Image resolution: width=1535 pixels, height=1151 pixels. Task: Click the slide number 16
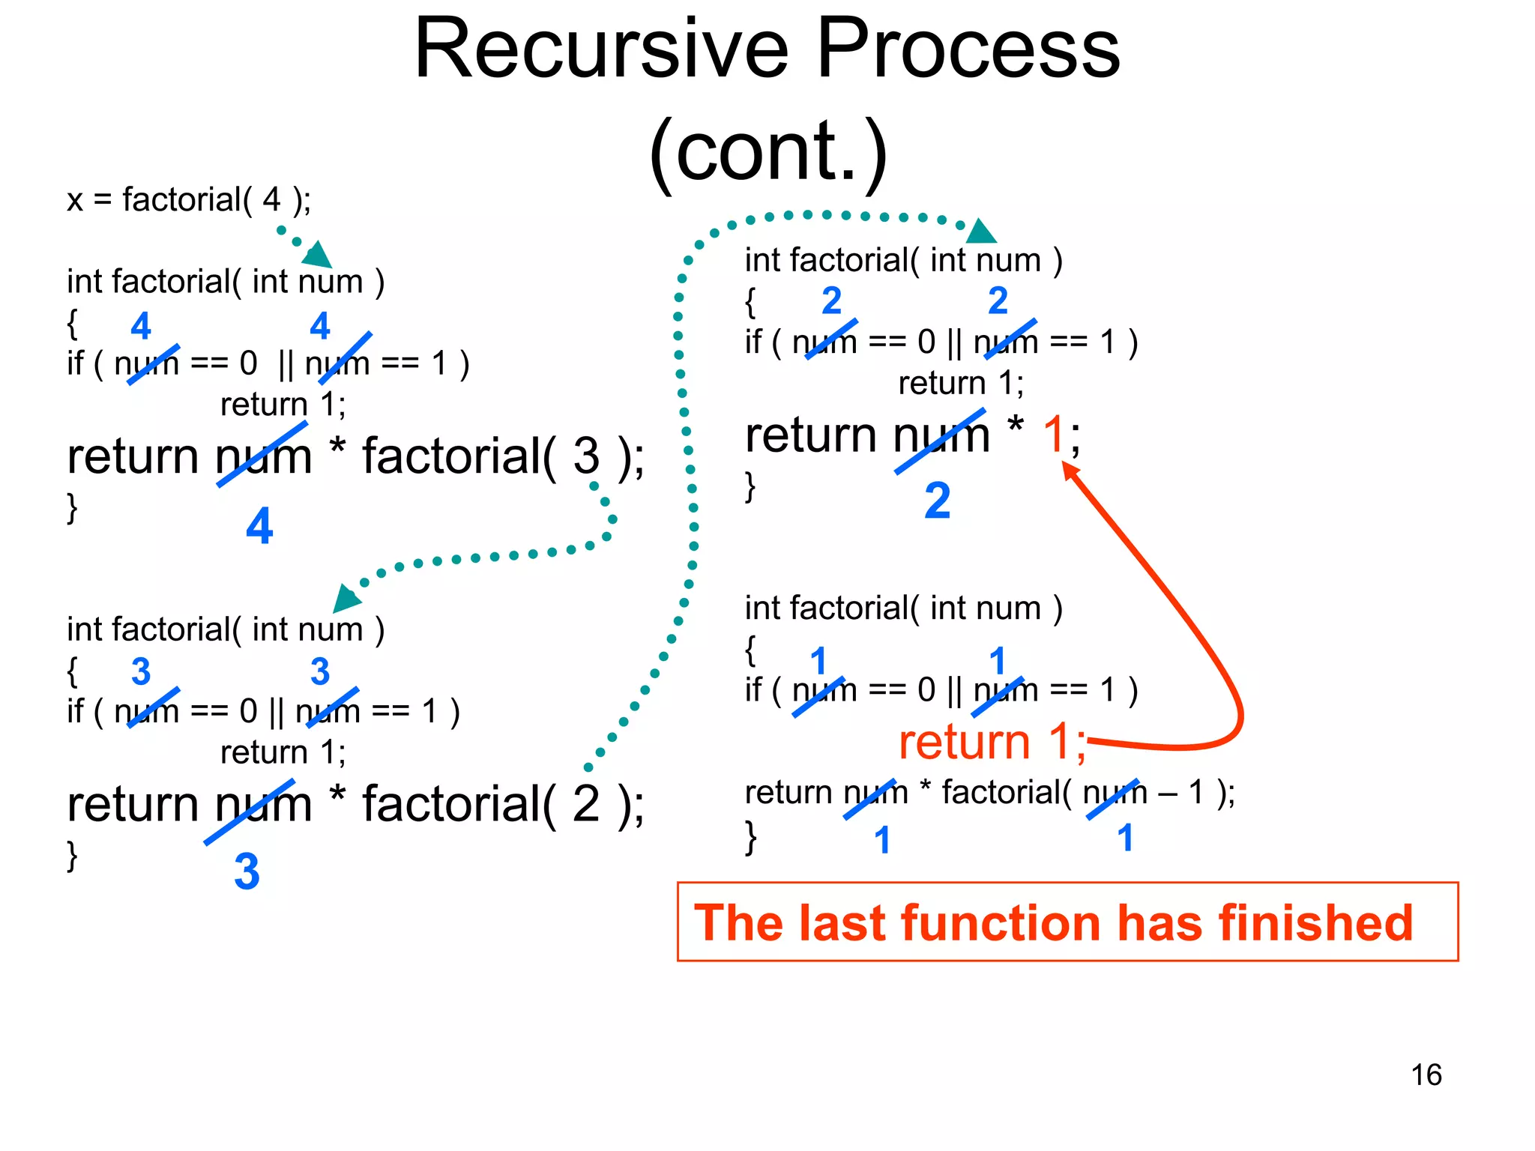pyautogui.click(x=1426, y=1075)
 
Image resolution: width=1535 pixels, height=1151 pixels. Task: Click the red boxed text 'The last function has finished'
pyautogui.click(x=1053, y=922)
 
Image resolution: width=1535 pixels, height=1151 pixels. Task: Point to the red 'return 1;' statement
pyautogui.click(x=992, y=742)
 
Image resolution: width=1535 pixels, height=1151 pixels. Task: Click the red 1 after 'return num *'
pyautogui.click(x=1055, y=434)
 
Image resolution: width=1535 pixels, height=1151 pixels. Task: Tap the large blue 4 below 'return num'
pyautogui.click(x=259, y=526)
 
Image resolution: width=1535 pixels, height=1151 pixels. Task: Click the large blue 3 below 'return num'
pyautogui.click(x=247, y=871)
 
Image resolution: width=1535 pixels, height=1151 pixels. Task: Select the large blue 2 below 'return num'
pyautogui.click(x=937, y=501)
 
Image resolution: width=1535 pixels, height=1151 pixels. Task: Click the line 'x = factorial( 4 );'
pyautogui.click(x=189, y=200)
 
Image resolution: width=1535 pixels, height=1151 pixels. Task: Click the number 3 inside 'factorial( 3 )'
pyautogui.click(x=586, y=456)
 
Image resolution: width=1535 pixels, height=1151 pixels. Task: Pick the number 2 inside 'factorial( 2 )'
pyautogui.click(x=586, y=803)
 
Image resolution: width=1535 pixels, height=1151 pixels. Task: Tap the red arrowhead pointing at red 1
pyautogui.click(x=1070, y=470)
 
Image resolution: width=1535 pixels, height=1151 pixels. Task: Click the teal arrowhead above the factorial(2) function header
pyautogui.click(x=980, y=232)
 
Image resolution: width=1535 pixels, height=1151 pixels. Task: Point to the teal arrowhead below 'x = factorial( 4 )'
pyautogui.click(x=319, y=255)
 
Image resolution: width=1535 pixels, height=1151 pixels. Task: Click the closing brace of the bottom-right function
pyautogui.click(x=750, y=837)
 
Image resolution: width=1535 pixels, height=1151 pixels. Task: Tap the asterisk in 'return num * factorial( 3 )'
pyautogui.click(x=337, y=448)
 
